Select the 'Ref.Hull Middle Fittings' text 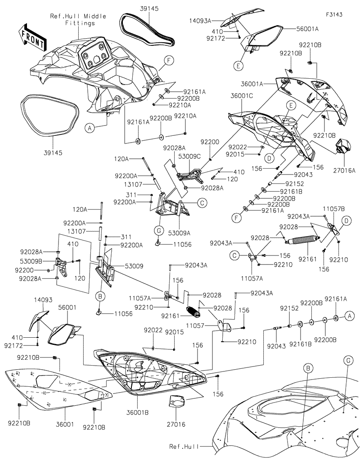79,20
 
